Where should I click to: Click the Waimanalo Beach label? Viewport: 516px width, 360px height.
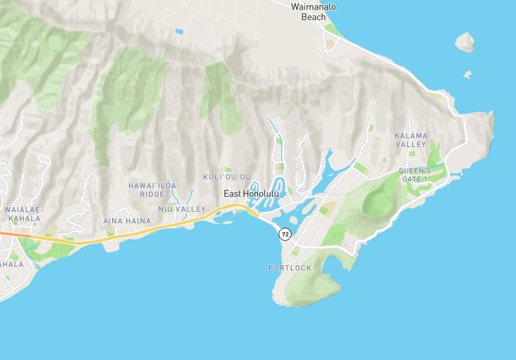(x=313, y=12)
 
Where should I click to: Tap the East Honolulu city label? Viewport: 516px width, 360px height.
(x=252, y=194)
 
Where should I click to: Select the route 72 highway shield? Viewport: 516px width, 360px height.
(x=285, y=234)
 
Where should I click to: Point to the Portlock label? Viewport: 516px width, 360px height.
(x=290, y=268)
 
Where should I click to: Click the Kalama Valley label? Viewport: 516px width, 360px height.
(x=411, y=140)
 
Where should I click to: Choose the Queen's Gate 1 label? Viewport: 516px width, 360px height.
(x=414, y=175)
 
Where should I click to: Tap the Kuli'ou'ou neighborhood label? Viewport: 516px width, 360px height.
(x=226, y=177)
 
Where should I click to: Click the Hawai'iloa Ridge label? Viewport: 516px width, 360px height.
(x=152, y=190)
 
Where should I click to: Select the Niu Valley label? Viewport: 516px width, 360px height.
(x=182, y=209)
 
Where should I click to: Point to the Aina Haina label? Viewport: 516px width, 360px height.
(x=127, y=221)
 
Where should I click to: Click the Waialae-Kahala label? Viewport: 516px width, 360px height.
(x=24, y=214)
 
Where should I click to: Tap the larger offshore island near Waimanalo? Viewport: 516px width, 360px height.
(x=465, y=43)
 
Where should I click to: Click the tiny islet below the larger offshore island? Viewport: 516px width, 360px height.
(x=467, y=74)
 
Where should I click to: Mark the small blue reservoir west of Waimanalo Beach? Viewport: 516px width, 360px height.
(x=179, y=31)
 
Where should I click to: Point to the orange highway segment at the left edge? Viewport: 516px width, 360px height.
(x=5, y=234)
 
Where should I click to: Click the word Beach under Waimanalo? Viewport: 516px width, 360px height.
(x=313, y=17)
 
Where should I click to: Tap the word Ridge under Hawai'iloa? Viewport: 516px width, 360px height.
(x=152, y=194)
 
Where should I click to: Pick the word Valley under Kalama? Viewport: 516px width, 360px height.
(x=411, y=145)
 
